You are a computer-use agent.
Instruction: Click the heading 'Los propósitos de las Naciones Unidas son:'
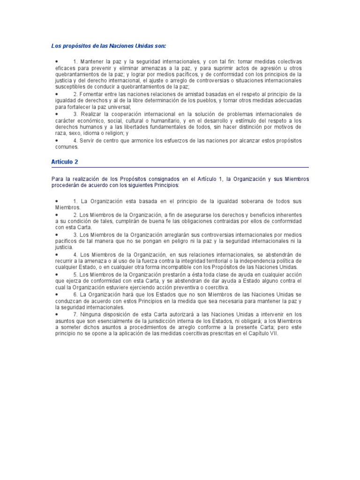109,46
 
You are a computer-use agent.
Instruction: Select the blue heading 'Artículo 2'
65,161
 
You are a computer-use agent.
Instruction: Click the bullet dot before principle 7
56,314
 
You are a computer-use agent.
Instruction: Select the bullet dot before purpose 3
56,114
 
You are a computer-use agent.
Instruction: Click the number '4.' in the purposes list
75,141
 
